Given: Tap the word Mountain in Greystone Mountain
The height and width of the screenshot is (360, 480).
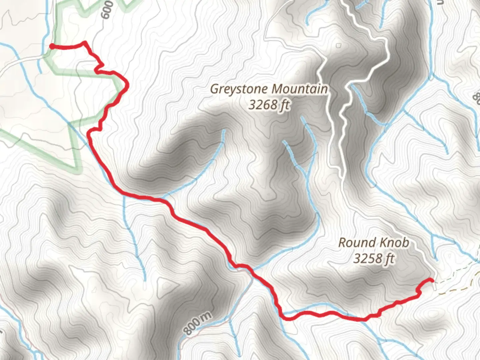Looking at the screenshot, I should [x=300, y=89].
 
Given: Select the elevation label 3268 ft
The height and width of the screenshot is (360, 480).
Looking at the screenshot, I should [x=269, y=105].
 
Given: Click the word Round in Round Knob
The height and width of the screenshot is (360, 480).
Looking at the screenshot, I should [x=355, y=242].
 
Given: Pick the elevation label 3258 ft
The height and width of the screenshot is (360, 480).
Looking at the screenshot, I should [x=374, y=258].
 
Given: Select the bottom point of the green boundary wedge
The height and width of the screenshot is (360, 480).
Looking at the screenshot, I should [x=79, y=172].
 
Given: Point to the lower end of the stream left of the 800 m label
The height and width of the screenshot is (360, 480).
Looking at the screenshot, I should [x=145, y=280].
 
